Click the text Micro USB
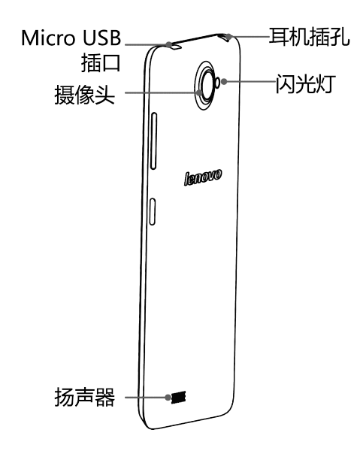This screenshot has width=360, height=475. (71, 38)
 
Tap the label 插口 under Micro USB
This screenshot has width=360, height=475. (101, 63)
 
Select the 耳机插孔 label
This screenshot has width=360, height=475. (309, 37)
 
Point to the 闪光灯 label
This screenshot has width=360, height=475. (305, 84)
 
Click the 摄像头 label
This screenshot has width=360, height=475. (85, 95)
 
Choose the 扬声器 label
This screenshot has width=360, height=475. (85, 397)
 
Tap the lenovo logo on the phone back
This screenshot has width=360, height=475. (203, 177)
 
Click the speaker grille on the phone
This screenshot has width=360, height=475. (178, 397)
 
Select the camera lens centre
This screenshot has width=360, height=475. (207, 85)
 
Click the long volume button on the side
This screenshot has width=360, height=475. (153, 141)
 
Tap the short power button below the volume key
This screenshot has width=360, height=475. (153, 211)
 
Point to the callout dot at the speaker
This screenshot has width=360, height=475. (168, 397)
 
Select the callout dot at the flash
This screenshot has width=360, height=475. (224, 81)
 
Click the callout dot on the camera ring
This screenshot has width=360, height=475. (199, 92)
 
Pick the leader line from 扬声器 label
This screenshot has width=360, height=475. (146, 397)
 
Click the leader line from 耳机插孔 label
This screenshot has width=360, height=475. (249, 37)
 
